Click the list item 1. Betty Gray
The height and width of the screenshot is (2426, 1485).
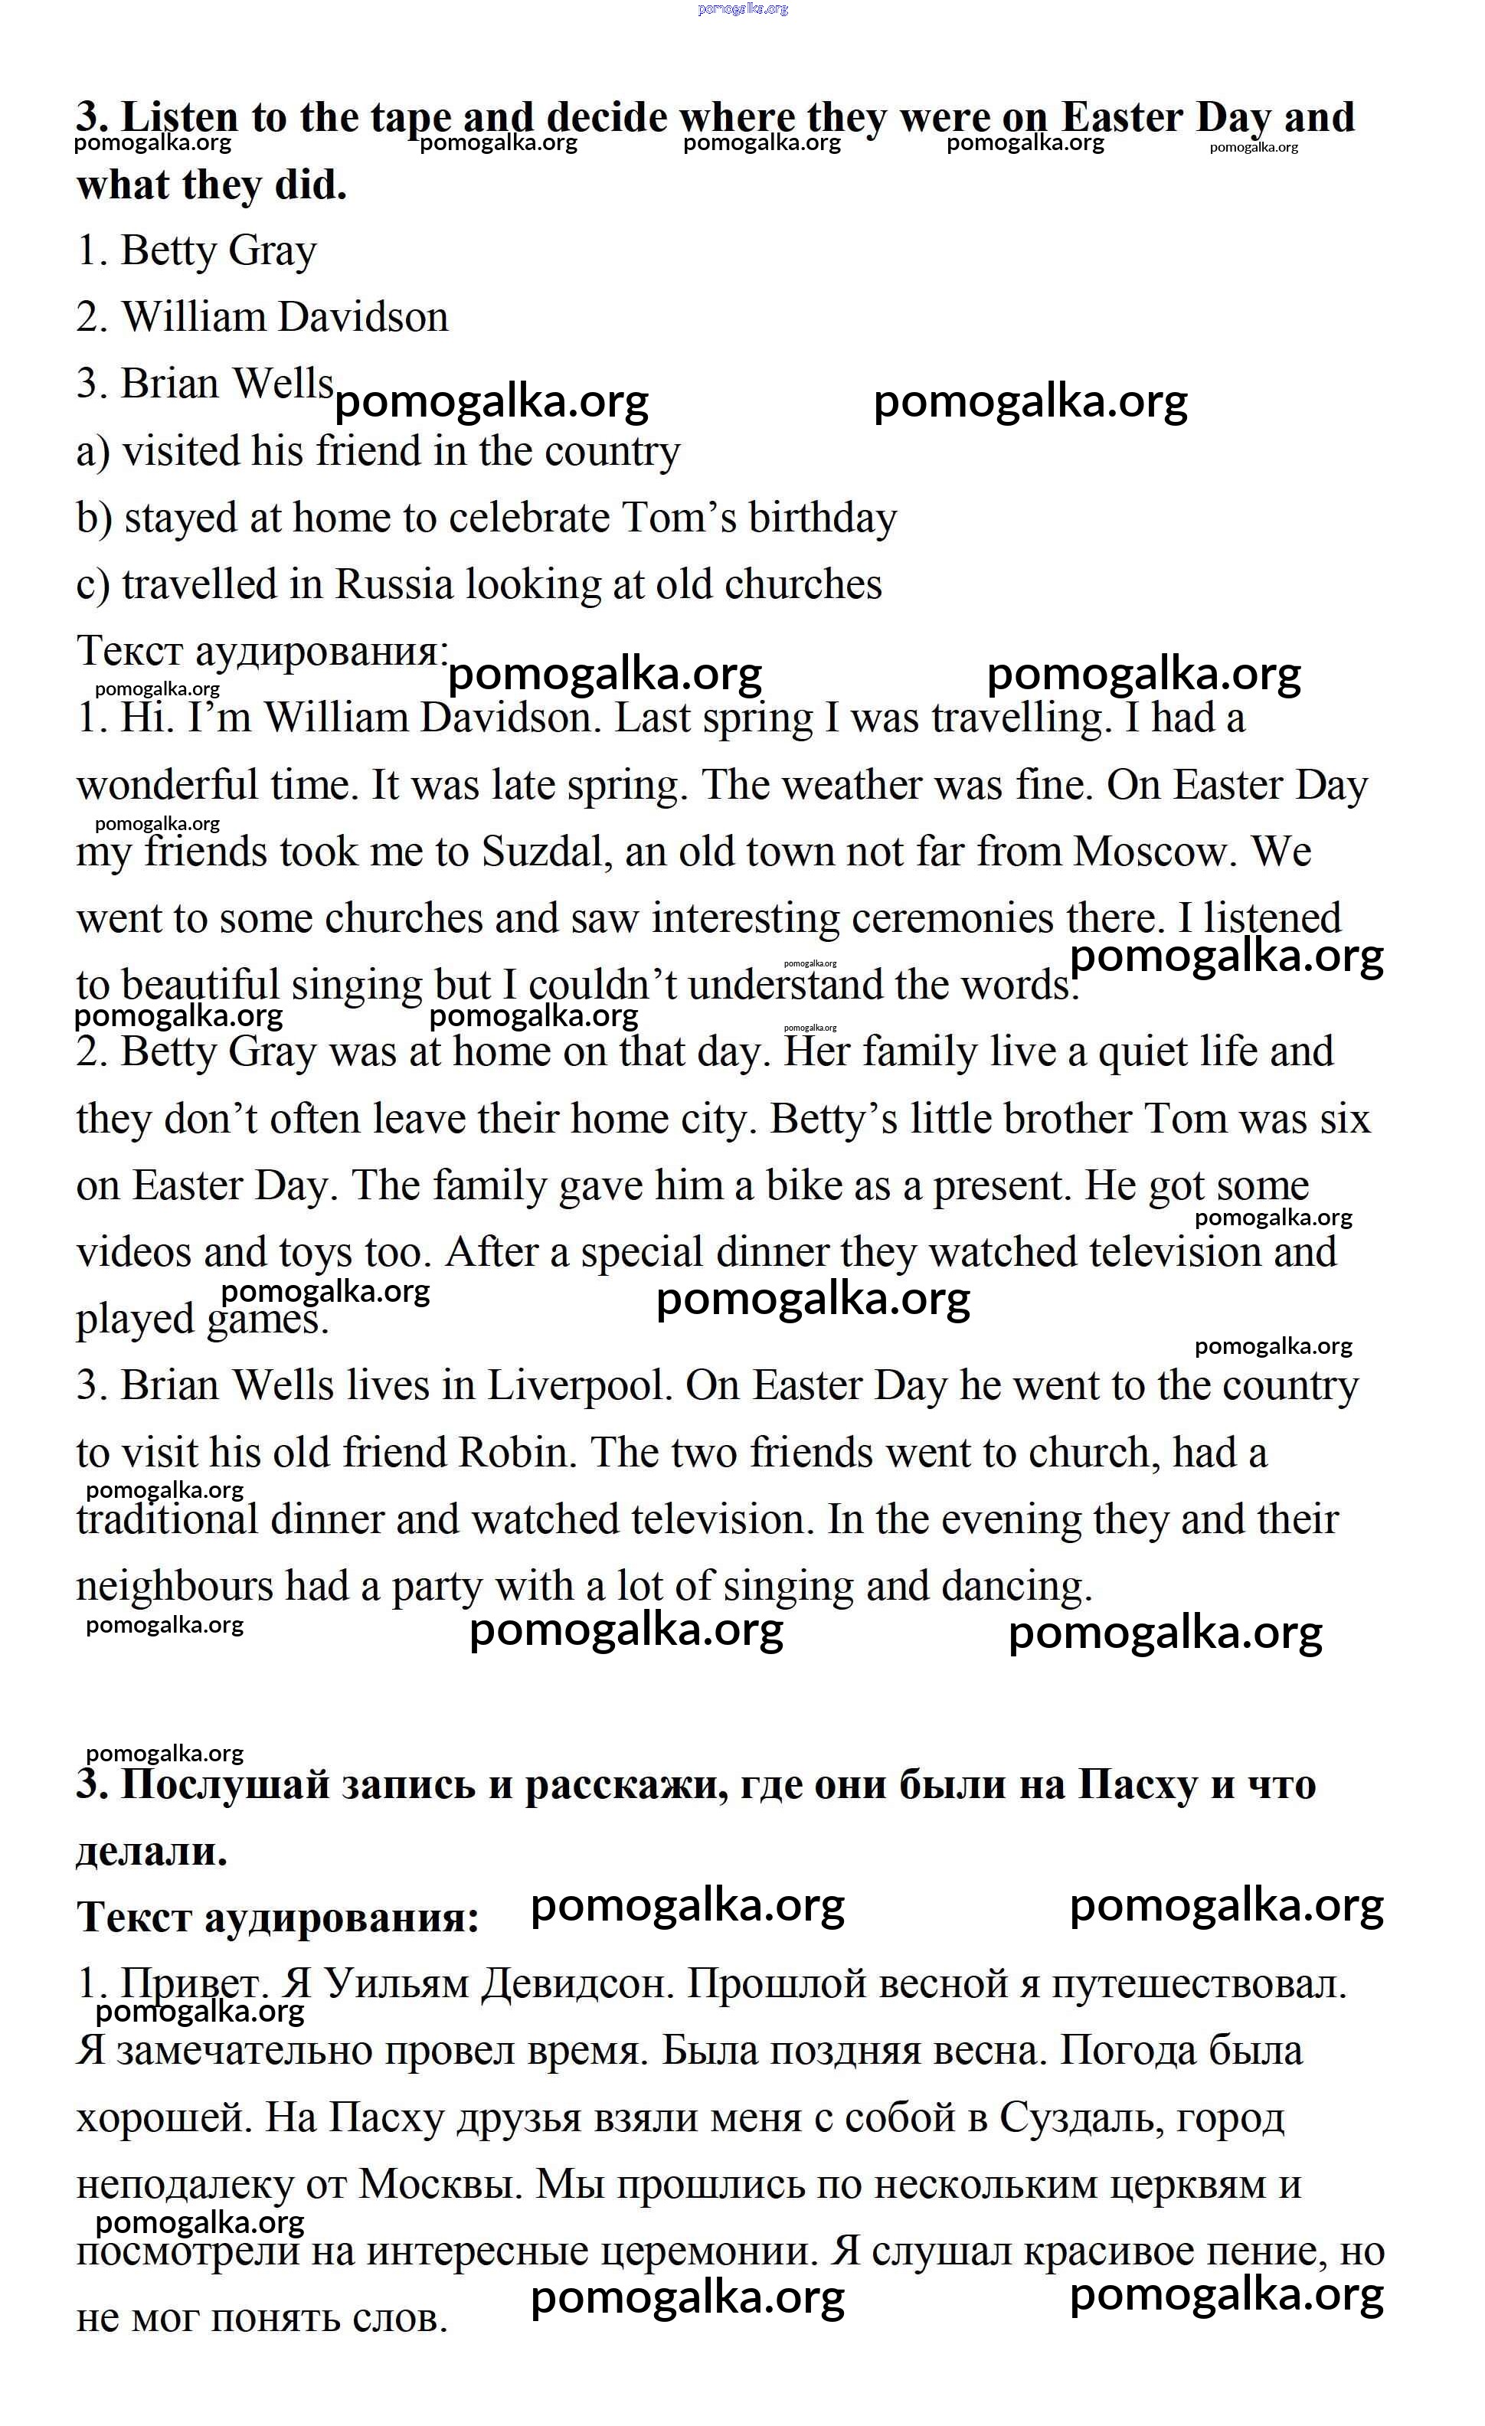[x=197, y=251]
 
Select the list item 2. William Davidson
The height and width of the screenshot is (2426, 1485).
[x=263, y=318]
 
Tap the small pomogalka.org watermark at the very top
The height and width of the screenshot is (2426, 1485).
[x=743, y=9]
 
